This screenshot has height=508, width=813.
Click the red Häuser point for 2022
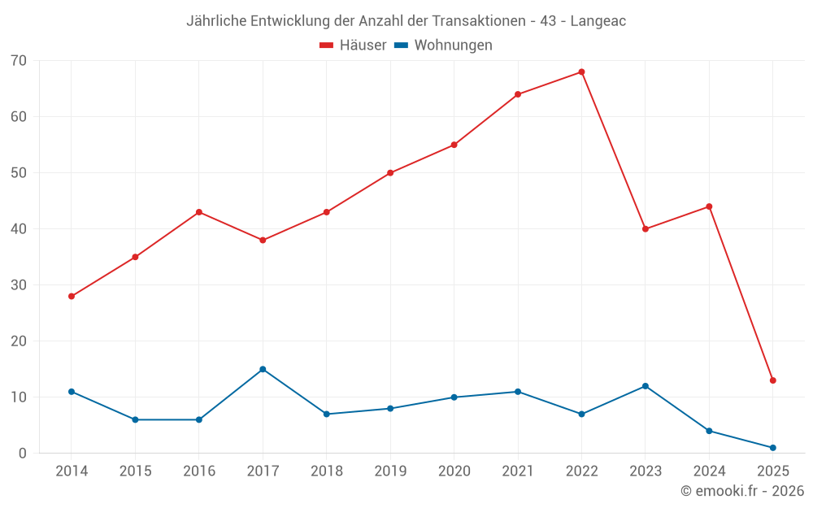coord(581,72)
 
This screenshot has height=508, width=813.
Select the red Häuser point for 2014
coord(72,297)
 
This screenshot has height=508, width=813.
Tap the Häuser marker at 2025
coord(772,380)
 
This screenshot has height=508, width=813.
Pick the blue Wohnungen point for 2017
coord(263,370)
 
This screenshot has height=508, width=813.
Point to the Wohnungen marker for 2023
coord(646,386)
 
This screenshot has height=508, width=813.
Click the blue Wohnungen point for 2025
coord(772,448)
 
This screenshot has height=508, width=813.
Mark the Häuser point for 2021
coord(518,94)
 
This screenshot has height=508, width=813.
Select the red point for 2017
coord(263,241)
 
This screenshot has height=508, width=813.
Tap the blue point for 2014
coord(72,392)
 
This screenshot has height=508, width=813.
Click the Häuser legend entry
coord(353,46)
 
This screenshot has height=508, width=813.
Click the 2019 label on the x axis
coord(390,471)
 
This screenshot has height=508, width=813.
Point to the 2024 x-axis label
coord(709,471)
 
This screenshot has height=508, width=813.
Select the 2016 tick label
coord(199,471)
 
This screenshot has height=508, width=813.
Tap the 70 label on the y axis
coord(19,61)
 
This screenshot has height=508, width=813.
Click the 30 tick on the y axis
coord(19,285)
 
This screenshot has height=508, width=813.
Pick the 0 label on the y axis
coord(23,454)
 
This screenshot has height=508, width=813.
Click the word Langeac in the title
coord(598,21)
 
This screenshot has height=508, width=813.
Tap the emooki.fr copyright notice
coord(742,491)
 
